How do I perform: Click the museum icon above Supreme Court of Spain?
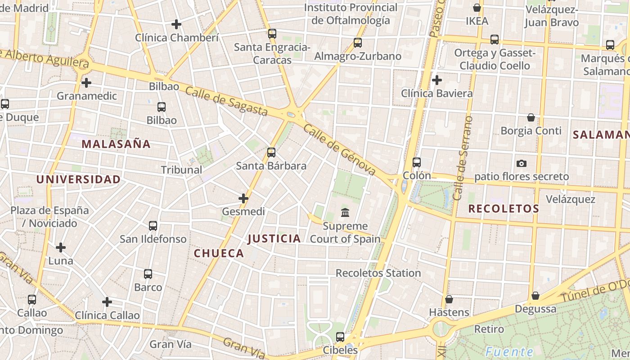pos(345,212)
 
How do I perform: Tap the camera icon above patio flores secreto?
pos(522,163)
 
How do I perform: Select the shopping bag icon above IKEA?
pos(477,8)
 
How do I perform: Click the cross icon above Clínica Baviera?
pos(436,80)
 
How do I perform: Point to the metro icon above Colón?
pos(417,162)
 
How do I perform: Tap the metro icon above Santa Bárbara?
pos(271,153)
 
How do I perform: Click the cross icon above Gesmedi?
pos(243,198)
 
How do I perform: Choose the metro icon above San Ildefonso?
pos(153,226)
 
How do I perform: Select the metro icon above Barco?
pos(148,274)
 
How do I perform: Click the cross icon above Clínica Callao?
pos(107,302)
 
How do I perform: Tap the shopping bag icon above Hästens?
pos(449,299)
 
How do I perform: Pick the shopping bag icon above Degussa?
pos(535,296)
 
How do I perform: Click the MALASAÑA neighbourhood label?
pos(116,144)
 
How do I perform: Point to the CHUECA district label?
pos(219,253)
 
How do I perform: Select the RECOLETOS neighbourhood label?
pos(504,209)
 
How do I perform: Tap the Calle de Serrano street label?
pos(464,157)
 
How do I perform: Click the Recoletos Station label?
pos(378,273)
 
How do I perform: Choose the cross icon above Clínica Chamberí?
pos(176,24)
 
